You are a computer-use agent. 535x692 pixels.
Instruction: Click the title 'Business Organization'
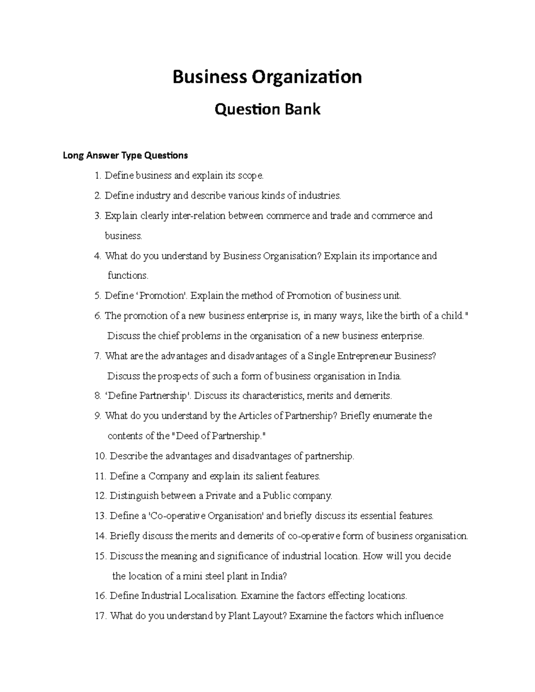(267, 77)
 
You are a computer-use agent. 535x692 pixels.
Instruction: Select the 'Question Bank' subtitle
(267, 109)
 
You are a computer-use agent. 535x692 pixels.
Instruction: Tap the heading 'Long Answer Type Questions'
(125, 156)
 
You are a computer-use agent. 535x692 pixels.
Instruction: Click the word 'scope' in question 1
(251, 176)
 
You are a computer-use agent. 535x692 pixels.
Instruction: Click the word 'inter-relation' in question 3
(200, 216)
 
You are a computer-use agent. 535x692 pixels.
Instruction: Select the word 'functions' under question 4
(127, 276)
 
